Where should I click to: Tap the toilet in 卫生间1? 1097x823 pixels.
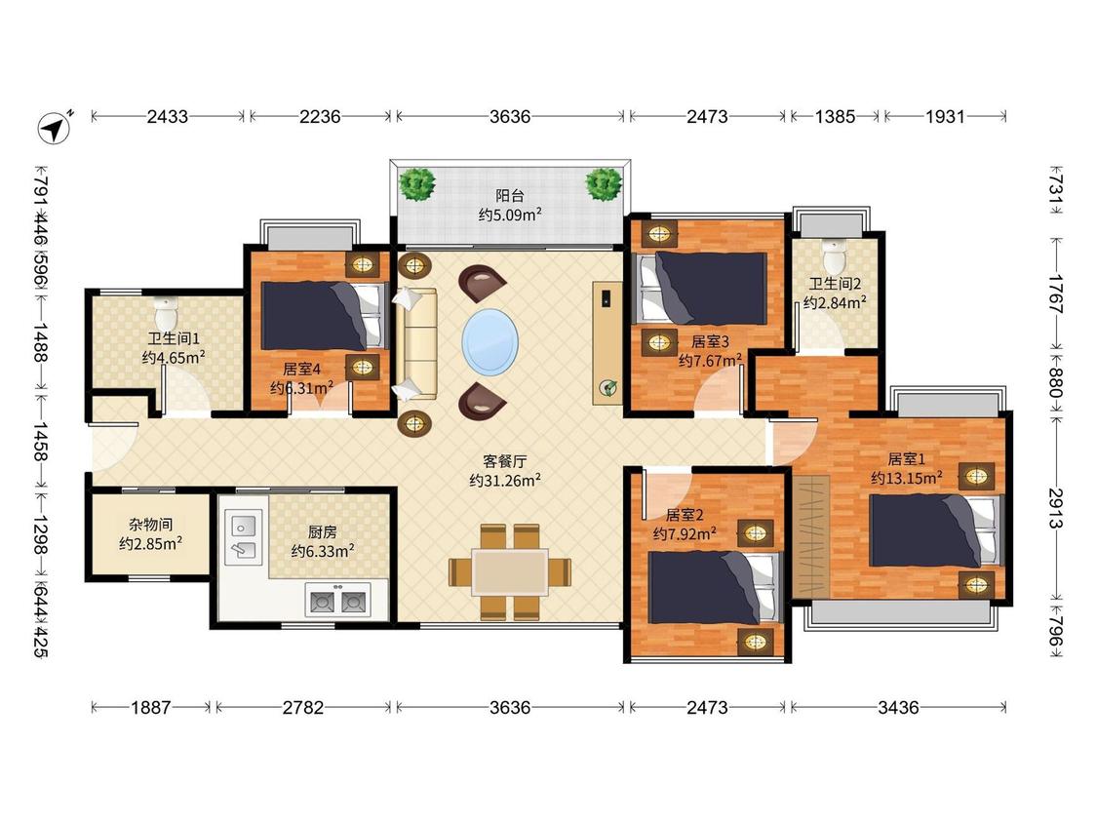coord(167,313)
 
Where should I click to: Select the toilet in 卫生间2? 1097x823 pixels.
coord(834,256)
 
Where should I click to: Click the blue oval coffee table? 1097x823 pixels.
coord(490,342)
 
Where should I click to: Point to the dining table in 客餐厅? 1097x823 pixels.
coord(510,571)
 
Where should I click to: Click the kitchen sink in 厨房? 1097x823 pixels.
coord(244,536)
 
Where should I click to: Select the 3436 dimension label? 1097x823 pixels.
coord(898,708)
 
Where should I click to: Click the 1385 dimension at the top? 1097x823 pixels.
coord(835,116)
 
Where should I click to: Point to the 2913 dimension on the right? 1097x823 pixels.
coord(1056,509)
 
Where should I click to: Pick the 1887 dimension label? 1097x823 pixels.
coord(150,708)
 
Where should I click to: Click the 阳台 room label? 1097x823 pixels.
coord(510,196)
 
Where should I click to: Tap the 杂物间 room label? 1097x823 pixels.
coord(150,525)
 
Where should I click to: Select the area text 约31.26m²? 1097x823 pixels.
coord(504,480)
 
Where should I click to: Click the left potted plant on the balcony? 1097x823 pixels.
coord(417,184)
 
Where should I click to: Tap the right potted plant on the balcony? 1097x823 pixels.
coord(603,184)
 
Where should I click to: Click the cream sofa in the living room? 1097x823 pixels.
coord(416,346)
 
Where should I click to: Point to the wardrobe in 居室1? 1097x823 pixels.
coord(811,537)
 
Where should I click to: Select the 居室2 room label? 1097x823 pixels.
coord(685,515)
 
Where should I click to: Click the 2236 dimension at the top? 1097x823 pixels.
coord(320,116)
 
